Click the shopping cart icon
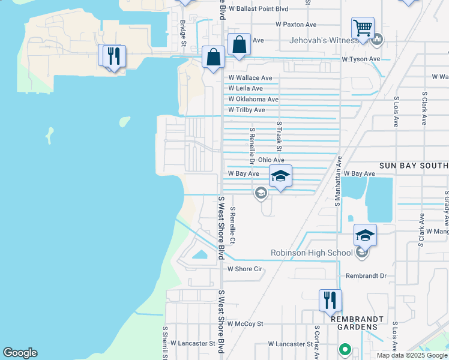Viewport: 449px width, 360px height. click(x=363, y=28)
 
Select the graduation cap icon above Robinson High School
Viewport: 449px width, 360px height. click(x=365, y=235)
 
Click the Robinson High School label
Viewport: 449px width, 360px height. click(x=312, y=253)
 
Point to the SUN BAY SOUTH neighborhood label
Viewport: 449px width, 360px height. click(x=414, y=165)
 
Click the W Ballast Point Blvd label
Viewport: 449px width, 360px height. click(x=262, y=9)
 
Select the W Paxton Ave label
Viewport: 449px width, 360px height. click(x=296, y=25)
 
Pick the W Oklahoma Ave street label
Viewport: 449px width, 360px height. click(x=253, y=99)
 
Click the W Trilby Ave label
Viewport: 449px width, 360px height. click(x=247, y=110)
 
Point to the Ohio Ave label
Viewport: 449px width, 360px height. click(x=271, y=160)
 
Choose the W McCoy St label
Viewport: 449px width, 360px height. click(x=244, y=323)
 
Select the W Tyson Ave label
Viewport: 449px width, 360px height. click(x=361, y=59)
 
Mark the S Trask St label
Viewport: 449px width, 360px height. click(x=279, y=137)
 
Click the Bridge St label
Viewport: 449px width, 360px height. click(x=183, y=34)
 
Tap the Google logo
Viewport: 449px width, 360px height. click(x=20, y=353)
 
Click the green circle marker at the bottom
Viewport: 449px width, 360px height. click(x=345, y=349)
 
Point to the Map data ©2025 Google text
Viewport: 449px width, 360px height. click(x=412, y=355)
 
